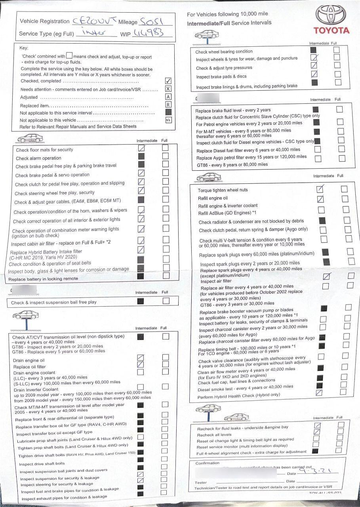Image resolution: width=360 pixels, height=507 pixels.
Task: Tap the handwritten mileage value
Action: pos(152,21)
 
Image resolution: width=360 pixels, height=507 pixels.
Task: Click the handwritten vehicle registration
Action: pos(95,21)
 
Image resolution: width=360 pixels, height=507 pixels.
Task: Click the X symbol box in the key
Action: pos(168,89)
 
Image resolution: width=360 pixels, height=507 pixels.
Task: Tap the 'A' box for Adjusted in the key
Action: pos(168,97)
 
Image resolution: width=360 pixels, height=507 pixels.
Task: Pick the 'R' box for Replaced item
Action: pos(168,105)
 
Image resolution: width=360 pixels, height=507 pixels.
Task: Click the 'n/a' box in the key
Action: pos(168,120)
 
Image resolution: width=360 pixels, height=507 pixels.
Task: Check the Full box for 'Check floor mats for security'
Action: pos(165,148)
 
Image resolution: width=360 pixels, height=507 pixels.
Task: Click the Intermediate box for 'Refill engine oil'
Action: pos(321,198)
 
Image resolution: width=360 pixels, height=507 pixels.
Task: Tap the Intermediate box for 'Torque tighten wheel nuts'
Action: pos(320,189)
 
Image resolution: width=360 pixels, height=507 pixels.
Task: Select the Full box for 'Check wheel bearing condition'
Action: pos(337,50)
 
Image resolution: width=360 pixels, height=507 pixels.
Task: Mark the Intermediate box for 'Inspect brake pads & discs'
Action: pos(314,74)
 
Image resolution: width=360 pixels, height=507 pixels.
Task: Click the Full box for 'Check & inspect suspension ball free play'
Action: pos(166,301)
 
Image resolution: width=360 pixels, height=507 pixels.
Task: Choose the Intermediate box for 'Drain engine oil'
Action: pos(140,358)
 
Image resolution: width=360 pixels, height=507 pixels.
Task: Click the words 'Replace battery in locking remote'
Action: pos(43,279)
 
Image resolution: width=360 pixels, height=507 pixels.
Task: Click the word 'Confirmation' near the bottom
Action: pos(207,463)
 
